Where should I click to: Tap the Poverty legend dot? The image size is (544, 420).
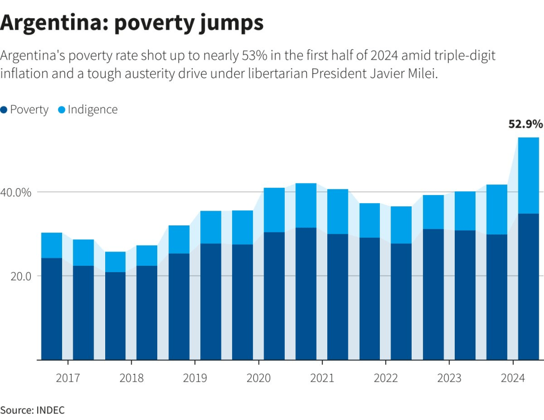pos(4,110)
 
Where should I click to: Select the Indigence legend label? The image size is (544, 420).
pos(92,110)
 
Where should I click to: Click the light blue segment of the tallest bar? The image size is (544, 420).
pos(528,175)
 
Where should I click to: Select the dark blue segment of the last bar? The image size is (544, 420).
pos(528,287)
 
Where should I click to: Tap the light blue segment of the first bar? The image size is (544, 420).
pos(52,245)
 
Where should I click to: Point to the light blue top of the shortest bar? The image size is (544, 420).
pos(115,262)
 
